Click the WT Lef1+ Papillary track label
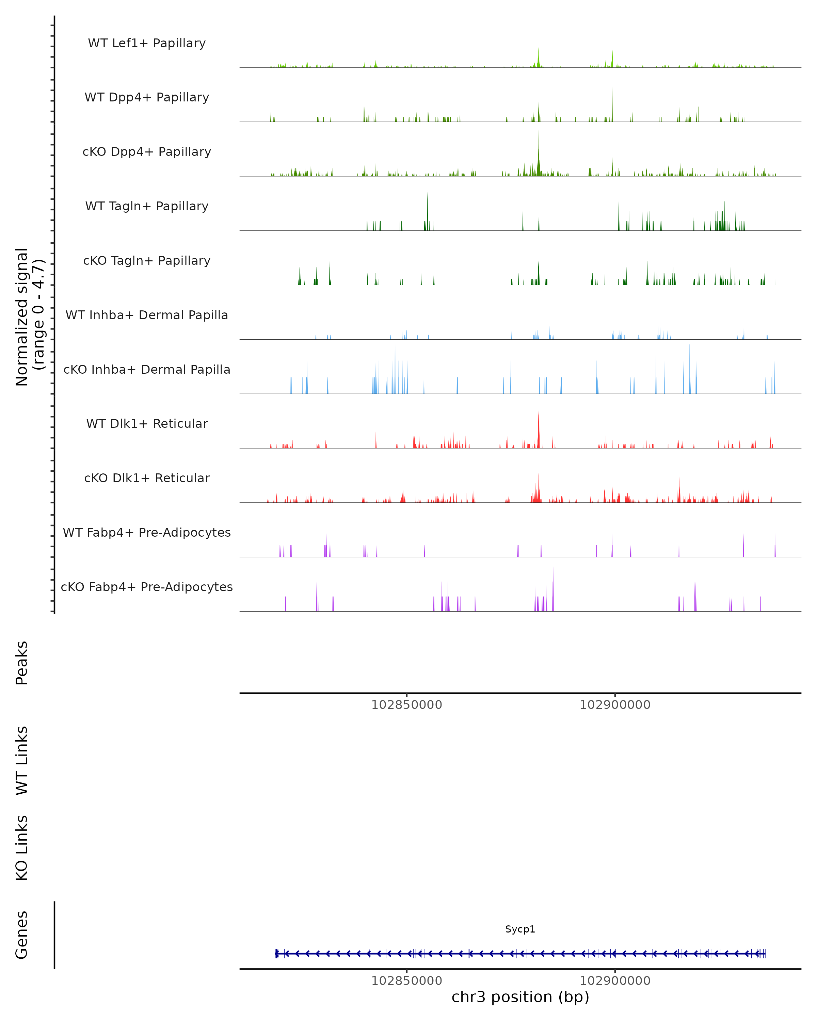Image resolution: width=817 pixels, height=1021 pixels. coord(147,43)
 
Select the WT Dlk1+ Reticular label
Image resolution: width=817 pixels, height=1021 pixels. coord(147,423)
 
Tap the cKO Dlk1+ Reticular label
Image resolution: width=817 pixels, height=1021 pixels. coord(147,478)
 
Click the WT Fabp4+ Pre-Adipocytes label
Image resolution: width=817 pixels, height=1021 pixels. coord(147,532)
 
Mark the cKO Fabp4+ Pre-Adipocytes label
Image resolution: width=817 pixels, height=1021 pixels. coord(147,587)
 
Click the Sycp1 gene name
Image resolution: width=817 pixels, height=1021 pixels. coord(520,929)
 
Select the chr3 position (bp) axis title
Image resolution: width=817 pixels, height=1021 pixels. coord(520,997)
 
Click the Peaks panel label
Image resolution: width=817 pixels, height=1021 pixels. coord(22,663)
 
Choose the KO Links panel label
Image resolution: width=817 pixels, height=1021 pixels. coord(22,848)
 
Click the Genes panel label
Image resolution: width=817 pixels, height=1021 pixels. coord(22,935)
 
